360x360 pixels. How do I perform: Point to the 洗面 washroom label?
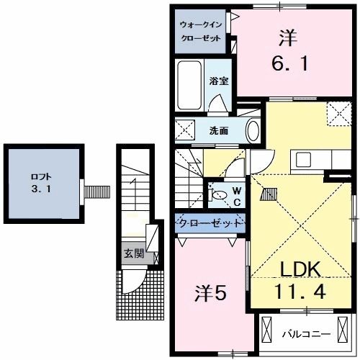[219, 131]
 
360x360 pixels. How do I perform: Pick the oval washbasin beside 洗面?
[253, 130]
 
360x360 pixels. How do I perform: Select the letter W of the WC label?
[235, 186]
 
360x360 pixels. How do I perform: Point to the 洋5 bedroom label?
[210, 294]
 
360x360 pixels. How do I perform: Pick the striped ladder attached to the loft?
[94, 192]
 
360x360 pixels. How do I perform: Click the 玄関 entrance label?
[132, 253]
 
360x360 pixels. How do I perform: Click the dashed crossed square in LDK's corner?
[336, 114]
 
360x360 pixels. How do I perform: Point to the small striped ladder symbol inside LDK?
[268, 192]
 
